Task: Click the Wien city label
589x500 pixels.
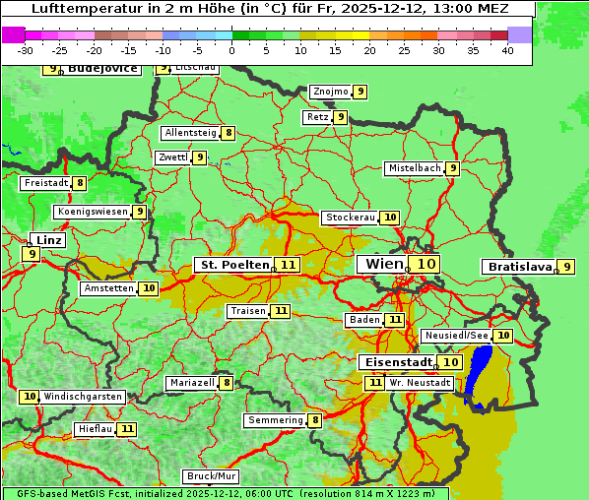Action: (x=383, y=264)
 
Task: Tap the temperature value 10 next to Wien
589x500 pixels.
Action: (x=425, y=264)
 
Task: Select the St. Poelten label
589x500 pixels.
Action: (x=233, y=265)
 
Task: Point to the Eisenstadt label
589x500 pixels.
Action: (x=395, y=362)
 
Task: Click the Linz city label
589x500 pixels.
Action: (x=47, y=240)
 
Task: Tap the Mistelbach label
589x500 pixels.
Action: (x=414, y=168)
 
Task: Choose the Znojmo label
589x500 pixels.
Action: (x=330, y=92)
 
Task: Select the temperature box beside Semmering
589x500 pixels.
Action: (x=315, y=420)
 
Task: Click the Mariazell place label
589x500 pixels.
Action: (x=191, y=382)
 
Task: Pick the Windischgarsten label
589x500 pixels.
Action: (x=83, y=396)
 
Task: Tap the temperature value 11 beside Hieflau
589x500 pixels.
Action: (x=127, y=429)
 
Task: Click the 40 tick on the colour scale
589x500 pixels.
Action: (x=507, y=50)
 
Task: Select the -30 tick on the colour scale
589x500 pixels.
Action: (x=26, y=50)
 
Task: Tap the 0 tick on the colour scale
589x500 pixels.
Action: (x=232, y=50)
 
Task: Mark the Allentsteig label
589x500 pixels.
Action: (x=191, y=133)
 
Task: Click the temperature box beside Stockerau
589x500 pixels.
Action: (x=390, y=218)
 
